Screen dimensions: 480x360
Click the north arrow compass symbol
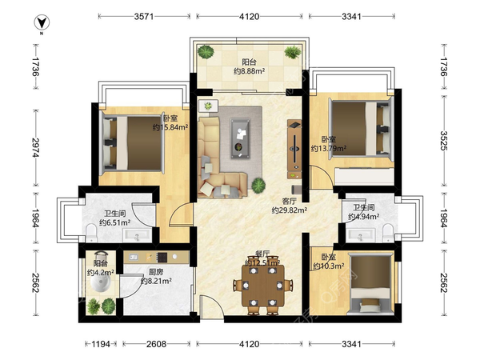point(42,22)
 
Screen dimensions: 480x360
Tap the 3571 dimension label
point(143,16)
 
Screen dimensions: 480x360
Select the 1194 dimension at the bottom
point(101,344)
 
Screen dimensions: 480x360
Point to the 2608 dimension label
point(156,344)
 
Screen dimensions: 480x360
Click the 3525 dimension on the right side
point(444,141)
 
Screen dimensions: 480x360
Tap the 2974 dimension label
point(36,148)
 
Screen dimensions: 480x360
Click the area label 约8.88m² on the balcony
point(249,71)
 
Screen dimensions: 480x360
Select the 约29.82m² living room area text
point(290,210)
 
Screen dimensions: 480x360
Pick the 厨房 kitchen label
point(156,272)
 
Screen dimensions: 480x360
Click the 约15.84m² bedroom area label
point(170,127)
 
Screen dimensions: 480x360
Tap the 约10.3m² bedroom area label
point(328,266)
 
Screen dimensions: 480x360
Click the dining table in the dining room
point(263,286)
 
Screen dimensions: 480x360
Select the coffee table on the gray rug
point(241,138)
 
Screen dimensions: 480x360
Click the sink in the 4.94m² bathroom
point(360,235)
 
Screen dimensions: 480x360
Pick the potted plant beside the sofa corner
point(258,186)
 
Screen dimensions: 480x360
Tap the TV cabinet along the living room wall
point(294,149)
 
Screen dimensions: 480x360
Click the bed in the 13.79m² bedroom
point(361,129)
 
